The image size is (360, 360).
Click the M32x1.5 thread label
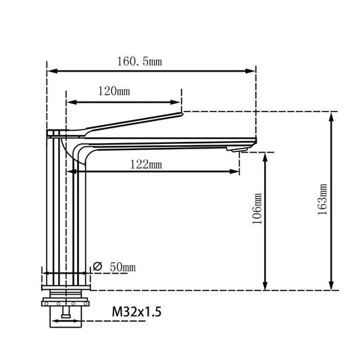click(136, 313)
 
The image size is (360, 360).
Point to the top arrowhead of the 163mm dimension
click(332, 115)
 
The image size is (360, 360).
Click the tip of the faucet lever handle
click(181, 115)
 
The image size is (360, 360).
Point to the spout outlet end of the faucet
click(254, 141)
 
